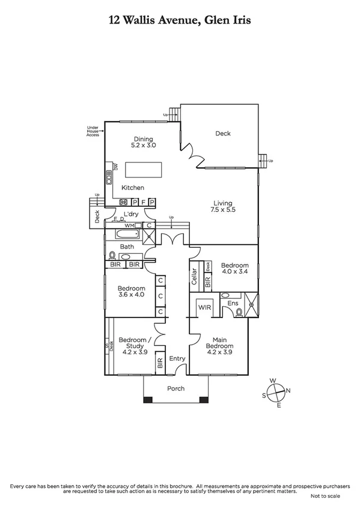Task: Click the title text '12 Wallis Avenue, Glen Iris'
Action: coord(180,20)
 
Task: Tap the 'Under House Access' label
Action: coord(93,131)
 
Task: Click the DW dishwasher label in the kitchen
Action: coord(116,165)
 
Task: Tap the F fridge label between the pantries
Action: coord(143,202)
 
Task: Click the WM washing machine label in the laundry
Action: coord(129,225)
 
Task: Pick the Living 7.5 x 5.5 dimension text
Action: coord(222,206)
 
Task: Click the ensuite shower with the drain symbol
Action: coord(251,304)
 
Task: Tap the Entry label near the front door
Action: coord(177,359)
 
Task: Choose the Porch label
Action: coord(175,389)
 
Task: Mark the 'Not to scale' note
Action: coord(325,496)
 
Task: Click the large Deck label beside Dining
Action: coord(223,134)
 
